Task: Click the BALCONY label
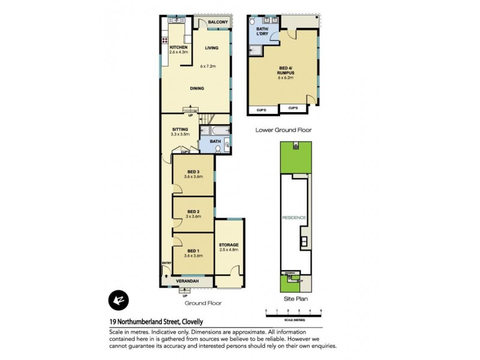click(217, 22)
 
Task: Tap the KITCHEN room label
click(179, 47)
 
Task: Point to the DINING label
click(196, 88)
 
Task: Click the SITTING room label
click(180, 129)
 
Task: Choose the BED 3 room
click(193, 174)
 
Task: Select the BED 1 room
click(193, 253)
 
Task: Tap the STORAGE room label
click(228, 245)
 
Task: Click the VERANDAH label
click(188, 281)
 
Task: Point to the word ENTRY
click(166, 263)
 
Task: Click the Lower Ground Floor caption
click(283, 130)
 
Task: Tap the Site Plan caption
click(295, 298)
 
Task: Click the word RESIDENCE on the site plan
click(295, 218)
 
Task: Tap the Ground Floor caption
click(202, 303)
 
